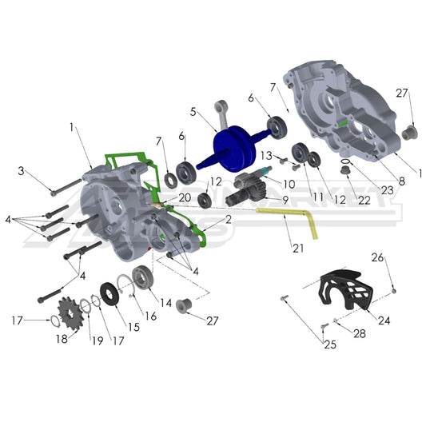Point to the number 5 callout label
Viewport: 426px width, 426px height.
point(193,112)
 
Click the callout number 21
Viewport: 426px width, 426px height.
point(298,249)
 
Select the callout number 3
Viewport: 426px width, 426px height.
point(22,170)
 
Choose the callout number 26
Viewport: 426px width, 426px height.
point(380,257)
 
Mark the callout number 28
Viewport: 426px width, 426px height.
point(359,332)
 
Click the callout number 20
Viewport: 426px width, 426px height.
point(184,197)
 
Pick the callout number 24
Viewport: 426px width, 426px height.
point(384,320)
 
